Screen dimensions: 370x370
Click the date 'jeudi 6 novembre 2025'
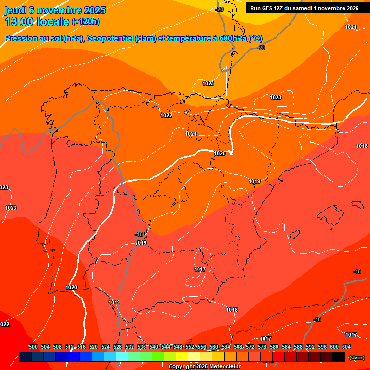(55, 10)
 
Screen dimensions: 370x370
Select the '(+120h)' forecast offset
(85, 22)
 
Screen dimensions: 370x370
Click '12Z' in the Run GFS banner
(279, 8)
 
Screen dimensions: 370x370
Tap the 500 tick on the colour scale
(33, 347)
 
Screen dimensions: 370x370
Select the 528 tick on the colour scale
(118, 347)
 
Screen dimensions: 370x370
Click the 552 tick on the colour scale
(190, 347)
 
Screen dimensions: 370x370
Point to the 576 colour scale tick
(262, 347)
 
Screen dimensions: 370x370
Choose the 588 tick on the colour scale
(298, 347)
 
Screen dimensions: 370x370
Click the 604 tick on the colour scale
(346, 347)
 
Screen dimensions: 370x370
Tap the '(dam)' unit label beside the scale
(357, 357)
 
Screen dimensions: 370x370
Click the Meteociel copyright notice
(204, 367)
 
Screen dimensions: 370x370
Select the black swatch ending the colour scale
(339, 357)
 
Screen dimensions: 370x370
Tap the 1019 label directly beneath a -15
(141, 243)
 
